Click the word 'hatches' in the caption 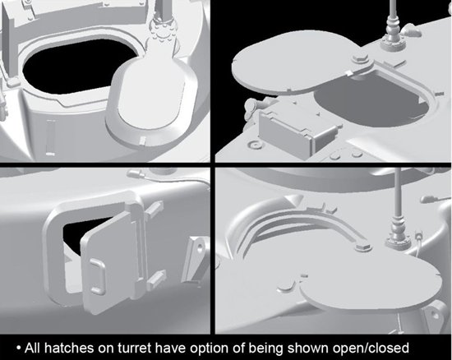pyautogui.click(x=69, y=348)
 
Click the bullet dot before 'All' pyautogui.click(x=19, y=348)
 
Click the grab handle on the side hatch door pyautogui.click(x=98, y=276)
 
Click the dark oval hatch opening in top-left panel pyautogui.click(x=75, y=67)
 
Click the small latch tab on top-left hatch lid pyautogui.click(x=143, y=141)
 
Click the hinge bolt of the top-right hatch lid pyautogui.click(x=359, y=58)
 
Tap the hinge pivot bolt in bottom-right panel pyautogui.click(x=363, y=247)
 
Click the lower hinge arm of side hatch pyautogui.click(x=156, y=279)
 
